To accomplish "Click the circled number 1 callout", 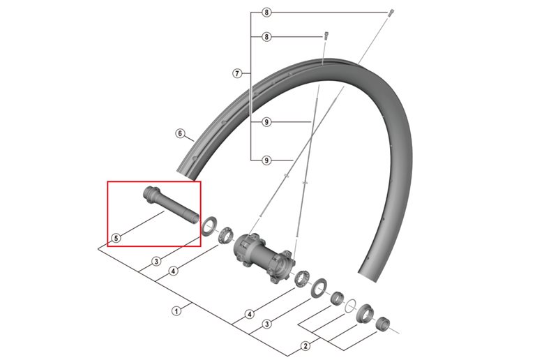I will (176, 310).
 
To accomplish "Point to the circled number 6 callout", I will (179, 133).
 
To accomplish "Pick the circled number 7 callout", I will (237, 73).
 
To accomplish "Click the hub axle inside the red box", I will (171, 205).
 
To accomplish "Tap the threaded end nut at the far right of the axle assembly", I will (382, 323).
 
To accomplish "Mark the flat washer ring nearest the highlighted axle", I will (207, 227).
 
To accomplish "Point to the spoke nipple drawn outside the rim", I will (391, 13).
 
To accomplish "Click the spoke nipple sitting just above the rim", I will (325, 35).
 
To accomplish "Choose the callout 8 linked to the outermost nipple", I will (266, 13).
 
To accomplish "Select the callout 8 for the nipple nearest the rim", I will (266, 36).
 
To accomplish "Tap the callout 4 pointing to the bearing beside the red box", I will (173, 271).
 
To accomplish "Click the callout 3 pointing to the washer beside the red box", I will (156, 262).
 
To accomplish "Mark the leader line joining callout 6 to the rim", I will (189, 139).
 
